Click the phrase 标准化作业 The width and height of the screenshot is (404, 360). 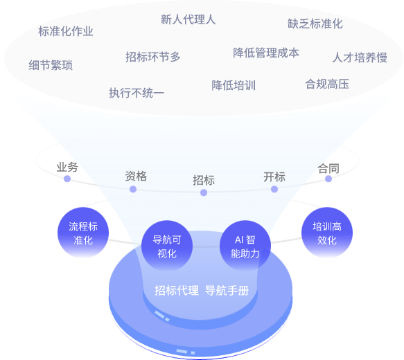[x=66, y=31]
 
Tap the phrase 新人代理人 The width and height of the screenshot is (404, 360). [x=188, y=19]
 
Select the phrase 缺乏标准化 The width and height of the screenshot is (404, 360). [x=315, y=24]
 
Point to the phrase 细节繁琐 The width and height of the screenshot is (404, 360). [x=51, y=65]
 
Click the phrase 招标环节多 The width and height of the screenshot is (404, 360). [x=153, y=57]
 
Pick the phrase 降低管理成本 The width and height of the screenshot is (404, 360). [x=266, y=53]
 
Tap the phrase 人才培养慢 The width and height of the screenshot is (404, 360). [x=360, y=57]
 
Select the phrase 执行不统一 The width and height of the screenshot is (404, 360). [x=137, y=92]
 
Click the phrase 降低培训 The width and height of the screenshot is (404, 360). [x=234, y=85]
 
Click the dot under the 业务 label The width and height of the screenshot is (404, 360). [x=67, y=179]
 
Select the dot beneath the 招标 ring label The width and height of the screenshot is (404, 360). [x=204, y=192]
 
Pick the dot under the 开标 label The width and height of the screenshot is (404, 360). [x=274, y=188]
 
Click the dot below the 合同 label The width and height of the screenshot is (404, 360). [x=328, y=179]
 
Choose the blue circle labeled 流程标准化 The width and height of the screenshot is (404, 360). [x=83, y=233]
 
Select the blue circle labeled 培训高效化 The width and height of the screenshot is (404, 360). [x=326, y=233]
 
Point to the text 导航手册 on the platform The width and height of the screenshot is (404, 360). [x=227, y=290]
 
